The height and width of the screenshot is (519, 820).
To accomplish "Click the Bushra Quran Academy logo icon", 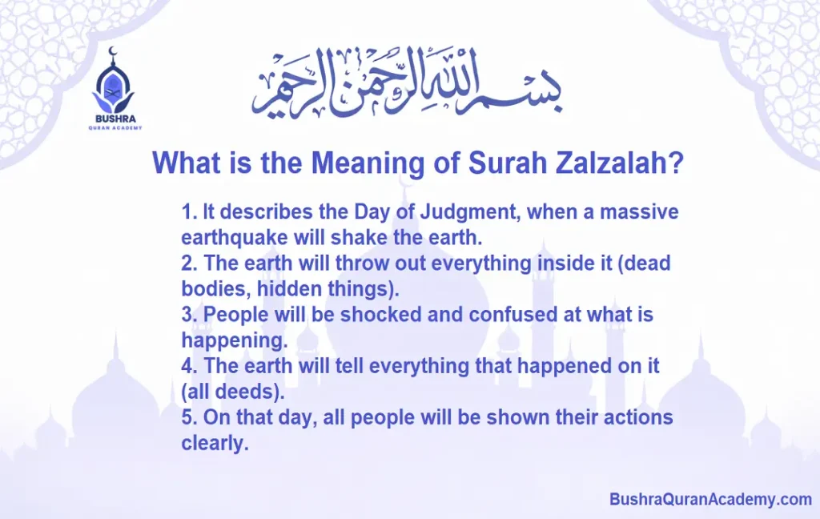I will [x=114, y=82].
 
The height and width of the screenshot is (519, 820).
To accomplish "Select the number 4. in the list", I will [x=189, y=366].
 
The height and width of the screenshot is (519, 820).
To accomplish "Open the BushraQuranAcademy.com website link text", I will [x=710, y=500].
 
